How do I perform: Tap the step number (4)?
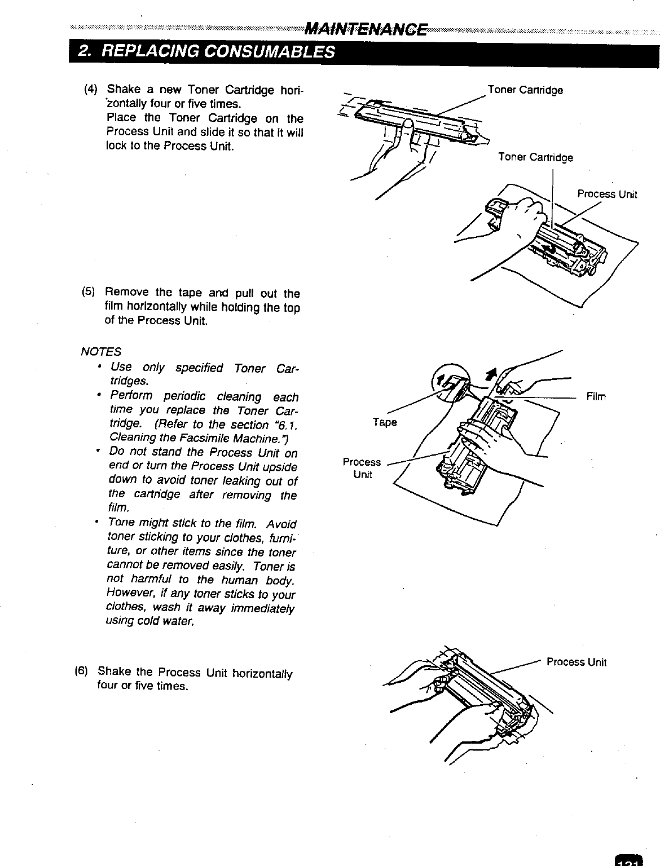[90, 90]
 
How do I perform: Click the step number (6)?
[81, 671]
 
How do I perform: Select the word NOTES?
[102, 352]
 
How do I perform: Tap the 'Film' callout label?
[596, 397]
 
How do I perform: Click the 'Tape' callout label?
[384, 422]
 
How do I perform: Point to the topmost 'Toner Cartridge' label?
[525, 90]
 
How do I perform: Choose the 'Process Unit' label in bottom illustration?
[577, 662]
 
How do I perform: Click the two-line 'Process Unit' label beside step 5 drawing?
[362, 468]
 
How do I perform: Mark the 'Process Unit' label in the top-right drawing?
[607, 195]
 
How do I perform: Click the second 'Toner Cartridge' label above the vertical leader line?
[535, 157]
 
